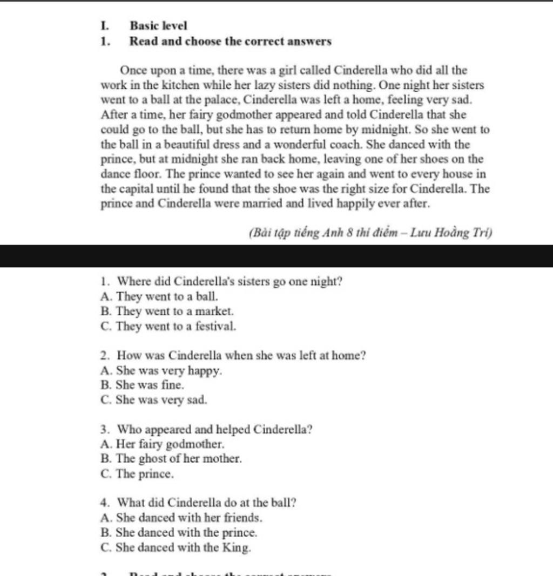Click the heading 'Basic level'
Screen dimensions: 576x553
click(x=159, y=25)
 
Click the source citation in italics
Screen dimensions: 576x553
click(x=370, y=233)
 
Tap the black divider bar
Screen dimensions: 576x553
click(x=276, y=256)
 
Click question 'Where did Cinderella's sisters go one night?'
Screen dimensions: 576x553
click(x=230, y=281)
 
